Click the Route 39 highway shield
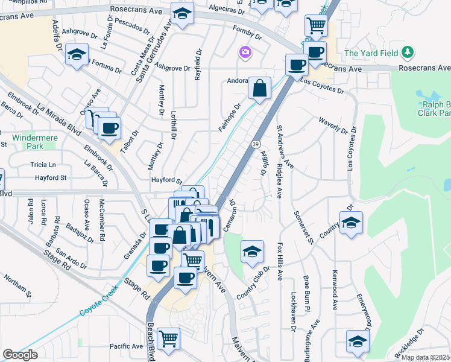pyautogui.click(x=255, y=144)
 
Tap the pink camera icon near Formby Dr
pyautogui.click(x=245, y=53)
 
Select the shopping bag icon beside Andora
pyautogui.click(x=259, y=88)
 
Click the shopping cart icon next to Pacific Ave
pyautogui.click(x=168, y=338)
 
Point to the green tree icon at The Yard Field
pyautogui.click(x=408, y=52)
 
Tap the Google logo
pyautogui.click(x=20, y=355)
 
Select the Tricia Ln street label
pyautogui.click(x=43, y=165)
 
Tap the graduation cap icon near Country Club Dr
pyautogui.click(x=253, y=250)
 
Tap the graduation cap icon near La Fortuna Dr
pyautogui.click(x=77, y=54)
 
